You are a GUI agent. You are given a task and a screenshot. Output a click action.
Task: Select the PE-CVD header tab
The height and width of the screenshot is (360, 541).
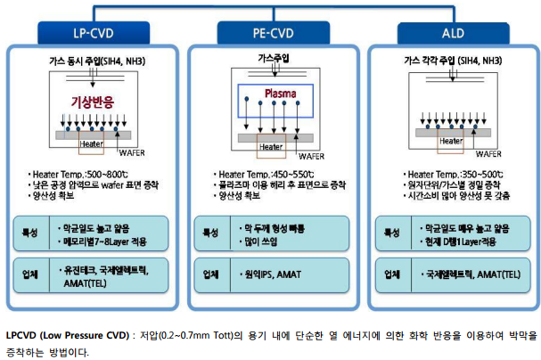pos(269,34)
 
